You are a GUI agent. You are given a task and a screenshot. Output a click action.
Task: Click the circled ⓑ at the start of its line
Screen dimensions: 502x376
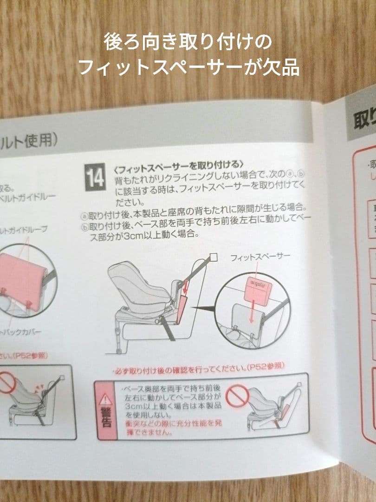(84, 227)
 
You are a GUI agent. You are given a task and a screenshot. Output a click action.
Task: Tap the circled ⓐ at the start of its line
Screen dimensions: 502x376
(84, 216)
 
